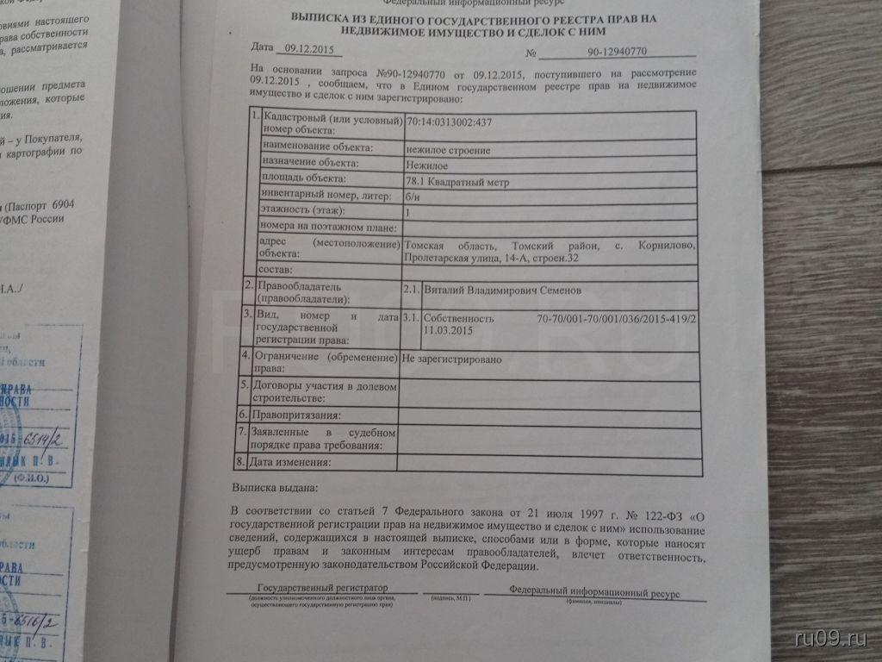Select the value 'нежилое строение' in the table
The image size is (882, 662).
click(x=448, y=150)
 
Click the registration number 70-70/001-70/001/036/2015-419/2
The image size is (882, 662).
click(x=616, y=318)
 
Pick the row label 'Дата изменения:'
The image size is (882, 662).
click(x=290, y=463)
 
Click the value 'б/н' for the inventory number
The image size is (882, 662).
click(x=413, y=195)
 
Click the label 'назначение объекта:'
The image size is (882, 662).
click(x=304, y=164)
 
